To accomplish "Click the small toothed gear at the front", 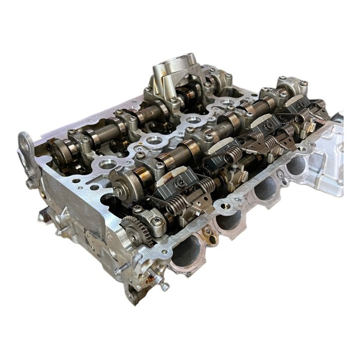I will pos(133,230).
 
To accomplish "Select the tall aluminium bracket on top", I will pos(174,75).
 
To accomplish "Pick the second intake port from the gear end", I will pos(229,220).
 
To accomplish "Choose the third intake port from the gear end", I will pos(265,188).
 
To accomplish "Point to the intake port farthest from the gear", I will pos(296,164).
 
